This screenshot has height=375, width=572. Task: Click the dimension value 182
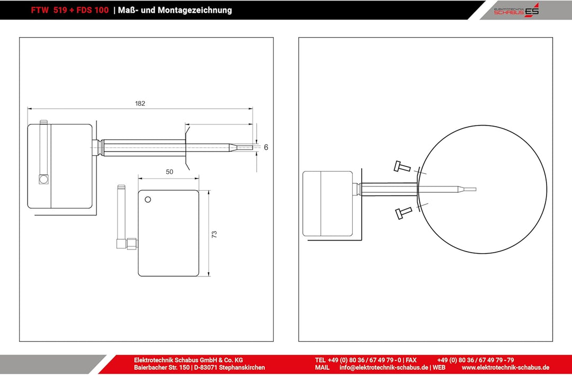[140, 104]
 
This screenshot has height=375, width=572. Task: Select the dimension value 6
[266, 147]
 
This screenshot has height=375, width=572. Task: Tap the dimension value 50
[169, 172]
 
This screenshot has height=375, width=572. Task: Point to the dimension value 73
[214, 234]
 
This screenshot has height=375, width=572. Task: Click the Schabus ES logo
[516, 10]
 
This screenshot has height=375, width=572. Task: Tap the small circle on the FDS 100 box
[148, 200]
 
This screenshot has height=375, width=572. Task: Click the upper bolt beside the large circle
[402, 167]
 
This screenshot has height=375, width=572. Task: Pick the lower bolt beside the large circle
[404, 213]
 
